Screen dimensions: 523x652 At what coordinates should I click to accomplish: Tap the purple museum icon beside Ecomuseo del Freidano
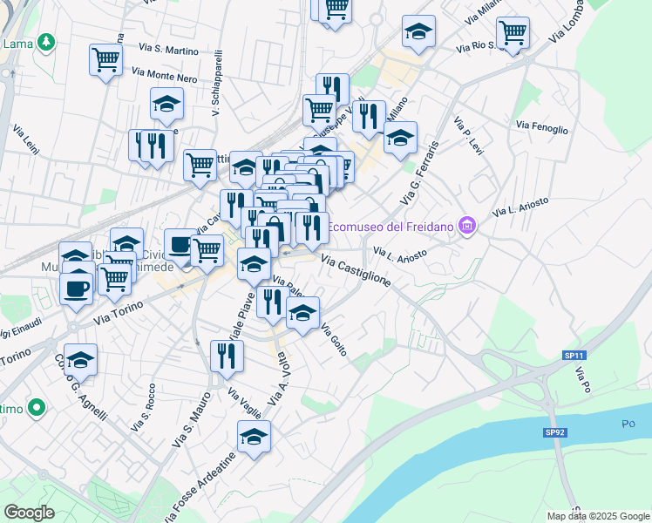pyautogui.click(x=468, y=228)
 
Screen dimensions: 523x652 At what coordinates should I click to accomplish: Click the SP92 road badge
pyautogui.click(x=555, y=432)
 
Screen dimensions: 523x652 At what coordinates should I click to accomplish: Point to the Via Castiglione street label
pyautogui.click(x=356, y=270)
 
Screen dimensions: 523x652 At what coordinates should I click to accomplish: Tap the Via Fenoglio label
pyautogui.click(x=541, y=127)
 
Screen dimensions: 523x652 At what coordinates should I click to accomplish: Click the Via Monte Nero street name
pyautogui.click(x=165, y=77)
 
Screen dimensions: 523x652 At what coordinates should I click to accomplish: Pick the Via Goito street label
pyautogui.click(x=335, y=340)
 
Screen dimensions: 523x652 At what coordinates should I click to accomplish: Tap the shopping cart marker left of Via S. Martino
pyautogui.click(x=105, y=60)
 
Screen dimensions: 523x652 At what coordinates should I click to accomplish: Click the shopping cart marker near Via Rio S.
pyautogui.click(x=513, y=32)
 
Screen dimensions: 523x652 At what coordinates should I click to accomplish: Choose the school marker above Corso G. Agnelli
pyautogui.click(x=80, y=359)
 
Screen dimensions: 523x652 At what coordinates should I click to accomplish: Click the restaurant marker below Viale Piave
pyautogui.click(x=227, y=356)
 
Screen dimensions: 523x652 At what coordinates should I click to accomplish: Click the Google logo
pyautogui.click(x=29, y=513)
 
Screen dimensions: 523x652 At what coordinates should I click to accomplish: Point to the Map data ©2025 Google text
pyautogui.click(x=597, y=516)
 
